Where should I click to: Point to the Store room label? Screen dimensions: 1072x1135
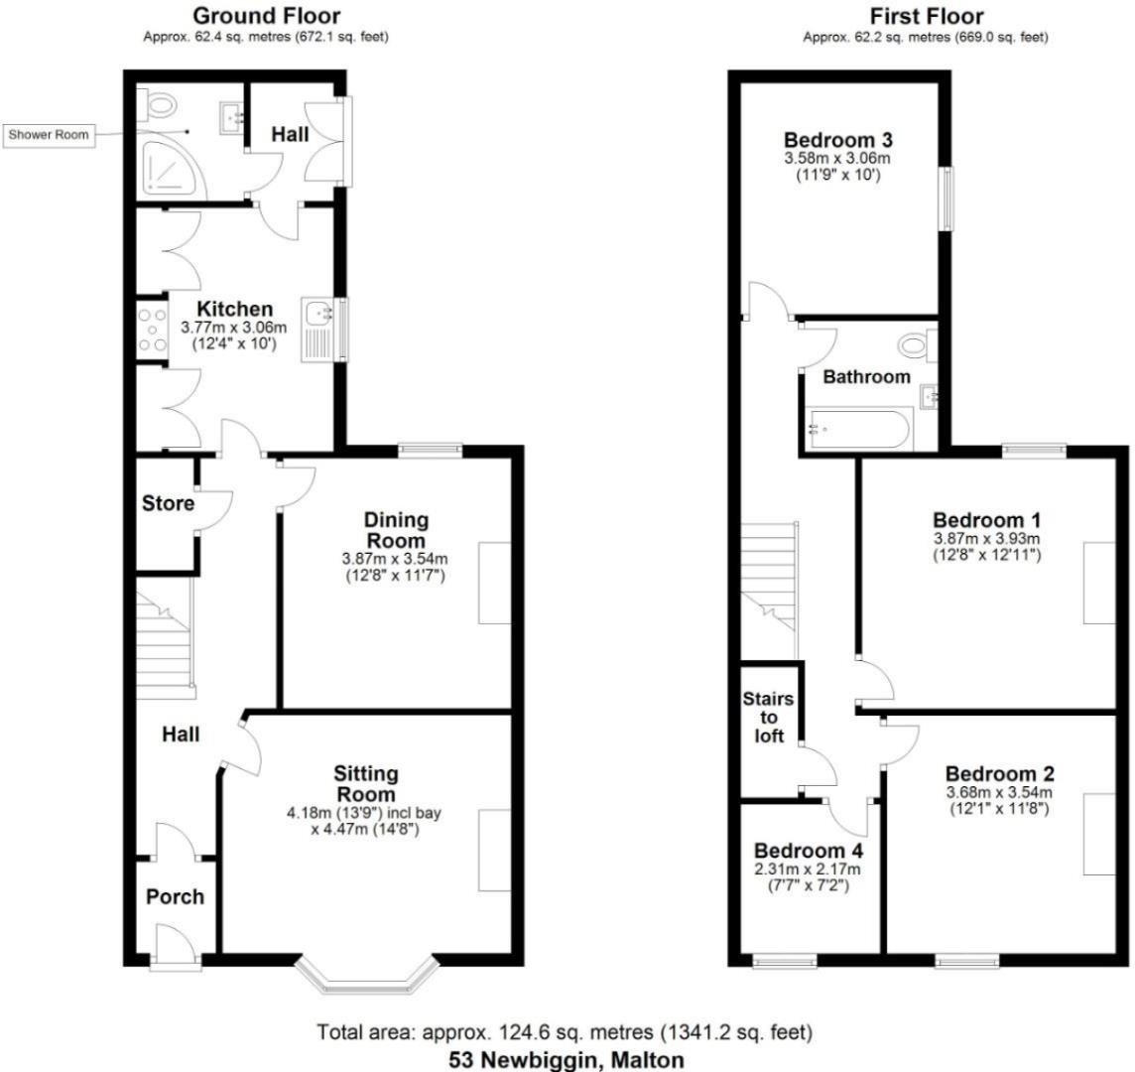pos(168,503)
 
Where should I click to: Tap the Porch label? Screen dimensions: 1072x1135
pos(175,896)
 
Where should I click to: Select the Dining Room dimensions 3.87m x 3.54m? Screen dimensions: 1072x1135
pos(395,558)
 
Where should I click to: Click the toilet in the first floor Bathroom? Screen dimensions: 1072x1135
pos(913,347)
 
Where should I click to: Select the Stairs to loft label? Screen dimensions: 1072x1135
pos(769,718)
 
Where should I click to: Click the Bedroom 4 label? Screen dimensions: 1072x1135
pos(809,852)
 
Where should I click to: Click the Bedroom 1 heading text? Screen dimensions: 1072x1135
pos(986,520)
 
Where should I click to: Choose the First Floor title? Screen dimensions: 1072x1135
pos(927,16)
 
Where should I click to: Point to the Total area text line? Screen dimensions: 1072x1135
pos(566,1032)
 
